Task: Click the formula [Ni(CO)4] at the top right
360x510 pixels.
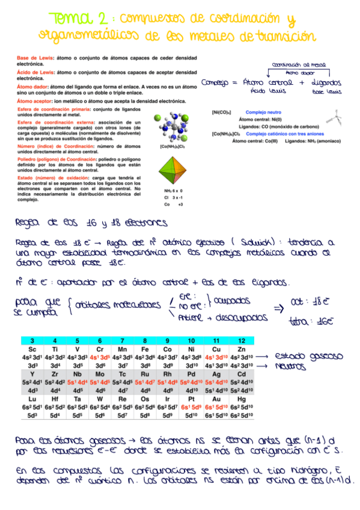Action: [x=223, y=112]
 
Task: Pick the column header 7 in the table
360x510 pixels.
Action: [x=122, y=341]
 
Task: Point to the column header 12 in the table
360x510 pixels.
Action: [x=241, y=341]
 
